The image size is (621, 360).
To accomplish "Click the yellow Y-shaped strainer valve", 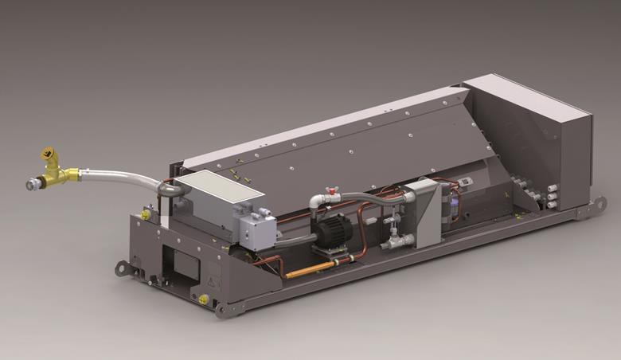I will (x=54, y=169).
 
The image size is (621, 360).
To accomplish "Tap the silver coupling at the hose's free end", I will (x=33, y=185).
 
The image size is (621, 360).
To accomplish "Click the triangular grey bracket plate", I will (x=429, y=211).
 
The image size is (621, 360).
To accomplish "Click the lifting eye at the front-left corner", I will (x=122, y=268).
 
